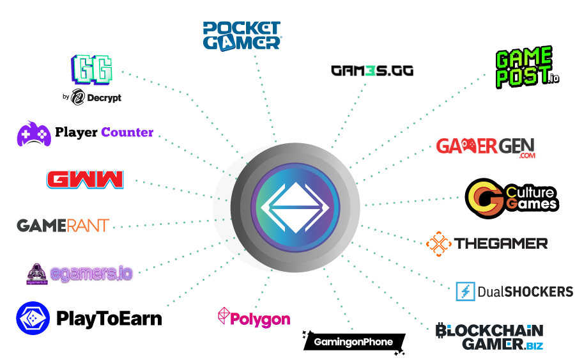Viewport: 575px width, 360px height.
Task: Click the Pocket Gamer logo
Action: point(241,35)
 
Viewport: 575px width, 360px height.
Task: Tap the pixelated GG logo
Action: point(93,69)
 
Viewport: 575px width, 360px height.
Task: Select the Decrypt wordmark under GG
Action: point(96,98)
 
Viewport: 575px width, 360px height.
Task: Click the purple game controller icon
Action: point(34,134)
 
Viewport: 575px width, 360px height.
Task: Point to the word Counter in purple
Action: point(127,133)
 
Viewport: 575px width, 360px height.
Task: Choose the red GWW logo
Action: point(85,178)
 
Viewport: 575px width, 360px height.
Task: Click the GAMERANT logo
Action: point(63,225)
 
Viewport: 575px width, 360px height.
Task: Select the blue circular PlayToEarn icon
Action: point(33,318)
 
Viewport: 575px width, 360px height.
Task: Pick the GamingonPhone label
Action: point(353,342)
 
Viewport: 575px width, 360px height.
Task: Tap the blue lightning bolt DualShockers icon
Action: point(465,292)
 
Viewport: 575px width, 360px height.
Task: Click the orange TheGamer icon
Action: point(439,243)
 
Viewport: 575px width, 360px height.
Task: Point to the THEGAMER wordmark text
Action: point(501,244)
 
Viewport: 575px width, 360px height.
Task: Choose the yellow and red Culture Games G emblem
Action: point(485,198)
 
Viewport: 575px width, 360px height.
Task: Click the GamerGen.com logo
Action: point(486,147)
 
